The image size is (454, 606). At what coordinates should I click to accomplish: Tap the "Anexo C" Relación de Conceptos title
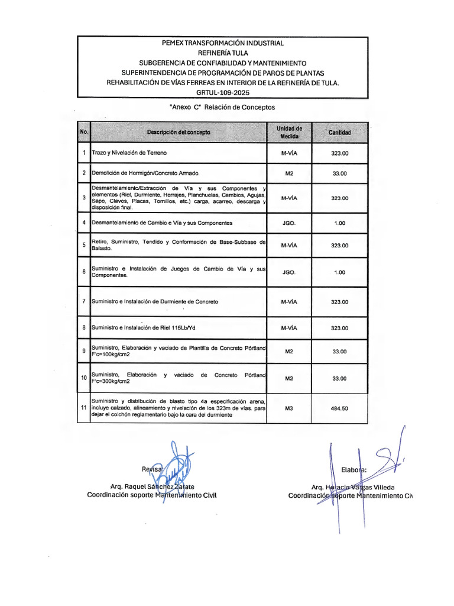point(222,108)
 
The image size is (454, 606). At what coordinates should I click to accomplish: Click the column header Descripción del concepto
point(179,133)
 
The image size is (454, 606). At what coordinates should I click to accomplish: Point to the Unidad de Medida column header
point(289,133)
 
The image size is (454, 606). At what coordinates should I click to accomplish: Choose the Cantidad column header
point(339,133)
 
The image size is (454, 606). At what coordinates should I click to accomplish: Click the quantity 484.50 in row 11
point(339,408)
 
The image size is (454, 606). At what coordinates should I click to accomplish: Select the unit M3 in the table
point(289,408)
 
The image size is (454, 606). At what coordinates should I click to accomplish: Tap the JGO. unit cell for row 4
point(289,223)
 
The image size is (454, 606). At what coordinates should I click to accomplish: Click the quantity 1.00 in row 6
point(339,273)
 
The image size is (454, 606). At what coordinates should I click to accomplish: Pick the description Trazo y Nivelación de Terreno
point(129,153)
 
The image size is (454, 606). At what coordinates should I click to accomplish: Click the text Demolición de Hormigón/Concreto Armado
point(145,173)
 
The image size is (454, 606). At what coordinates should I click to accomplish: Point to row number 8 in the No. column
point(84,327)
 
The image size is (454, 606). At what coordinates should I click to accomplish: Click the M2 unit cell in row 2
point(289,173)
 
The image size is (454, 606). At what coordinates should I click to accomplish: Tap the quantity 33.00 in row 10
point(339,379)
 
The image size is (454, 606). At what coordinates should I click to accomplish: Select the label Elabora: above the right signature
point(354,470)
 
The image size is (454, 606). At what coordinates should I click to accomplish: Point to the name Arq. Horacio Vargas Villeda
point(353,486)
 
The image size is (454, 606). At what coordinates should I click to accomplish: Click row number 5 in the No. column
point(84,245)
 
